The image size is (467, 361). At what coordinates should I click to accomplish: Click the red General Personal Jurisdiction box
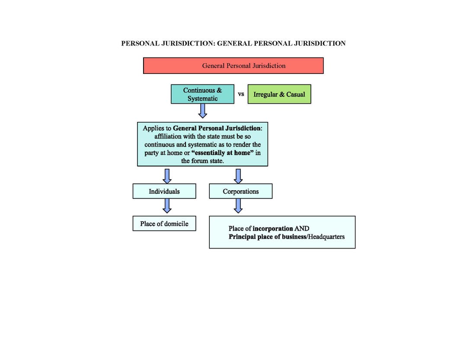(x=233, y=66)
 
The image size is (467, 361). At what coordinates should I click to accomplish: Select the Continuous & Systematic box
(x=202, y=94)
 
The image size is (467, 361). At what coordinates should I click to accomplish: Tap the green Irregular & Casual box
(x=279, y=94)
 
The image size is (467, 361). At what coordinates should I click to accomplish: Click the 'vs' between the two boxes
(x=241, y=94)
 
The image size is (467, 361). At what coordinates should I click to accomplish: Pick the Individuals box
(x=164, y=191)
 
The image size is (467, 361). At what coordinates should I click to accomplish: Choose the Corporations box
(x=240, y=191)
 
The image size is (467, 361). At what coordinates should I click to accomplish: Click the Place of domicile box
(x=164, y=224)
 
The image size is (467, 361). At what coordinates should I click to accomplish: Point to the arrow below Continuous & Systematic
(x=202, y=111)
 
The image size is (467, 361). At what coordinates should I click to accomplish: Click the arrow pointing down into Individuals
(x=167, y=176)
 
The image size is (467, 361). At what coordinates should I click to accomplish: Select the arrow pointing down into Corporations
(x=238, y=176)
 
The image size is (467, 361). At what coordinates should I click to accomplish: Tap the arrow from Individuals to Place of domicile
(x=167, y=206)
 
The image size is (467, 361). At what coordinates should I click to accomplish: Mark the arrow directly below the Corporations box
(x=238, y=206)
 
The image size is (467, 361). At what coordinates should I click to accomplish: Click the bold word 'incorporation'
(x=272, y=228)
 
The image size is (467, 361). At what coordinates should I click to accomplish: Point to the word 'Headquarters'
(x=326, y=236)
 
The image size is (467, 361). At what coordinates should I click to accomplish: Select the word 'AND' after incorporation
(x=302, y=228)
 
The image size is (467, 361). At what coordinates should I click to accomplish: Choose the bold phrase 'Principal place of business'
(x=267, y=236)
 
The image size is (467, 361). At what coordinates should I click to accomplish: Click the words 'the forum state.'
(x=202, y=161)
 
